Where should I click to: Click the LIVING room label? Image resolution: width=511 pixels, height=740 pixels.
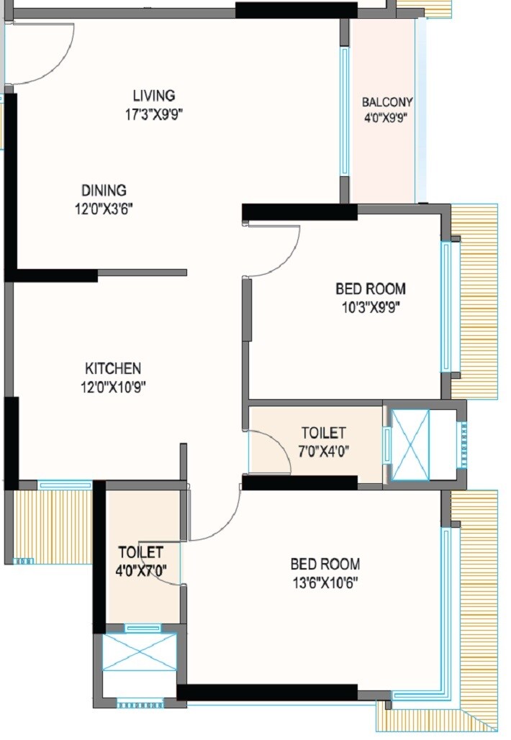(153, 96)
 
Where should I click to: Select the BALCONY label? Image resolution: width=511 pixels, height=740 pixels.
(387, 102)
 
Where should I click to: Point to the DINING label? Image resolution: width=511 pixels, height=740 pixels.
(104, 191)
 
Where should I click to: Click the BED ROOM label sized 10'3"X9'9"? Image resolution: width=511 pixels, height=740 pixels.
(370, 289)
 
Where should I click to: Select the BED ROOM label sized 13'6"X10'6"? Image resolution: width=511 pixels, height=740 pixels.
(325, 564)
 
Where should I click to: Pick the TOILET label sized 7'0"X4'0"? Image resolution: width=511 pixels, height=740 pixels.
(323, 433)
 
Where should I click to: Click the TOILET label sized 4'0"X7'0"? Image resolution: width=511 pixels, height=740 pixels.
(140, 552)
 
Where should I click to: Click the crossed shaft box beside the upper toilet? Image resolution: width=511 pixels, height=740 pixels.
(410, 444)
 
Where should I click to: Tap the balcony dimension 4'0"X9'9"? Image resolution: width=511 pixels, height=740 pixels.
(387, 120)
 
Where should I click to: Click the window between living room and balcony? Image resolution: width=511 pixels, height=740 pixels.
(345, 111)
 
